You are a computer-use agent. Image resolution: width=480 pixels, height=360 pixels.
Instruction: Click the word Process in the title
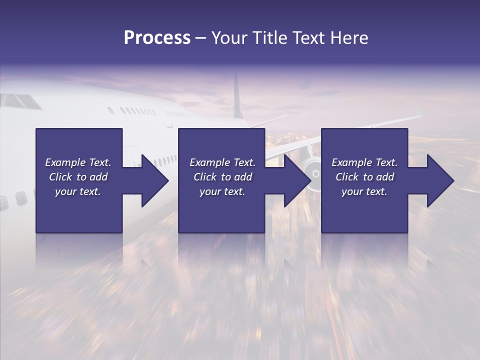tap(157, 38)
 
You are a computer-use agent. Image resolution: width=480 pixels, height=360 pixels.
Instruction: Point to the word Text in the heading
tap(307, 38)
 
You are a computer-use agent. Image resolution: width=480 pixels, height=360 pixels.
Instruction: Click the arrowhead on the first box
tap(152, 180)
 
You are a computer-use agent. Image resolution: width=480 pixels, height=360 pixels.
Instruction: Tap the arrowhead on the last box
tap(438, 180)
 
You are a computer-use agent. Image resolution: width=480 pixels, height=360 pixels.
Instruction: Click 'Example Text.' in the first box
tap(78, 162)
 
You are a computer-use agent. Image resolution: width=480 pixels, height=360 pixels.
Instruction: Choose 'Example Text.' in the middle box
tap(222, 162)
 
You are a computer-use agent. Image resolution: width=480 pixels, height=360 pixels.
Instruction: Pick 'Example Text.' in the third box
tap(364, 162)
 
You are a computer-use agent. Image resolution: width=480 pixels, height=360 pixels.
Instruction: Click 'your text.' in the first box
tap(78, 191)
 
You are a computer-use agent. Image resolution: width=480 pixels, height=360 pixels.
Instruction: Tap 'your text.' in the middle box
tap(222, 191)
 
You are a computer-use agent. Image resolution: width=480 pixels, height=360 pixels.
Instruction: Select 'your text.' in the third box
tap(364, 191)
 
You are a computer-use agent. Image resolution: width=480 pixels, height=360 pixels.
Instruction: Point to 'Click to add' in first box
tap(78, 177)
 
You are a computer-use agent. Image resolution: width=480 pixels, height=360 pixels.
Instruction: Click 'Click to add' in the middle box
tap(222, 177)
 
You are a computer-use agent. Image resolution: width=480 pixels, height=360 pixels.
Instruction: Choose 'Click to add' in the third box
tap(364, 177)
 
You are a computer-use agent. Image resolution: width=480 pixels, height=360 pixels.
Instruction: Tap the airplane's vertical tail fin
tap(237, 97)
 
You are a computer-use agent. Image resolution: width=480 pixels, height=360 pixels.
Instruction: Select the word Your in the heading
tap(229, 38)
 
